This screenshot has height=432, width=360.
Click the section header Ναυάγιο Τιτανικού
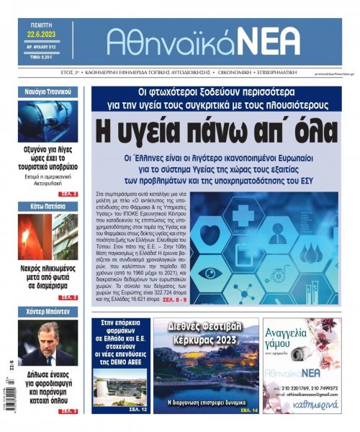(x=48, y=92)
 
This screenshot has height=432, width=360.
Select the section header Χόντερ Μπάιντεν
(x=48, y=312)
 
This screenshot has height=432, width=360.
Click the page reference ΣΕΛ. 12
(x=140, y=409)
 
